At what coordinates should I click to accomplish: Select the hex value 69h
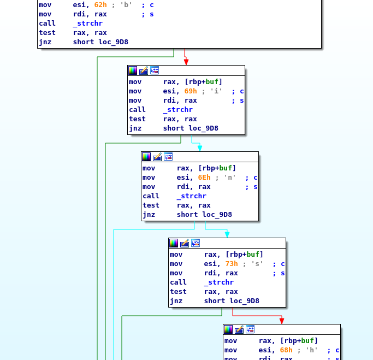[x=191, y=91]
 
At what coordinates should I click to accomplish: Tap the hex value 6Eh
[x=204, y=178]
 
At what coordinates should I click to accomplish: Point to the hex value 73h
[x=232, y=264]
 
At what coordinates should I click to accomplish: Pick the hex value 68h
[x=286, y=350]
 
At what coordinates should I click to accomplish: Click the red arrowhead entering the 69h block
[x=186, y=61]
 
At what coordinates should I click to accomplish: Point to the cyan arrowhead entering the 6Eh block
[x=200, y=147]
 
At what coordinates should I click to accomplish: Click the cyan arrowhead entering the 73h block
[x=227, y=234]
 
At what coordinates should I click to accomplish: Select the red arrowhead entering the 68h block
[x=282, y=320]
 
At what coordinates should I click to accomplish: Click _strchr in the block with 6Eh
[x=191, y=196]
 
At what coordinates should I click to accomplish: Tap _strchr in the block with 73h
[x=218, y=282]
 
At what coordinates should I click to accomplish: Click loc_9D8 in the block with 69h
[x=203, y=128]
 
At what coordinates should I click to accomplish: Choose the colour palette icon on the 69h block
[x=133, y=70]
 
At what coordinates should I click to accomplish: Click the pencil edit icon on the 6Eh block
[x=157, y=157]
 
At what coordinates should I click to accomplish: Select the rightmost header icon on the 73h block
[x=196, y=243]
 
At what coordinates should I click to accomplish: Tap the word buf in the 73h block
[x=253, y=255]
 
